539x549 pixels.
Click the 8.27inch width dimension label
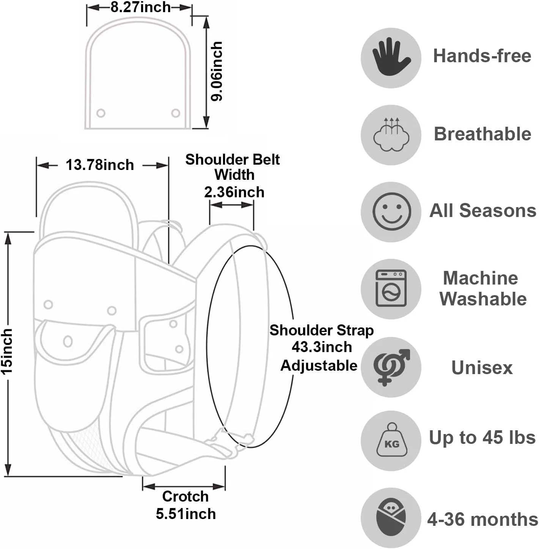[140, 8]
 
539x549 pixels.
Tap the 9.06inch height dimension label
[217, 71]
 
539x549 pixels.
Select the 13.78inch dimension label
[100, 165]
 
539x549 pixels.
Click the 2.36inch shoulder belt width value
[234, 192]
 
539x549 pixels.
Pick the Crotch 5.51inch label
[185, 505]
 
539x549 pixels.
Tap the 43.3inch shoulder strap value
[322, 347]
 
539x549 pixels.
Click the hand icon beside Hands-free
[391, 57]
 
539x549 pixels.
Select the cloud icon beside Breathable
[391, 135]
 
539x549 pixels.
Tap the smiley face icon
[391, 211]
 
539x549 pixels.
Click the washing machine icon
[391, 288]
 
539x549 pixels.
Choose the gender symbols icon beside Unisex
[391, 367]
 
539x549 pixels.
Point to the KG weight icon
[391, 441]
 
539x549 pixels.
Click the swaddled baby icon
[391, 518]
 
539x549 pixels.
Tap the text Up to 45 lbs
[482, 437]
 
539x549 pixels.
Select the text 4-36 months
[482, 519]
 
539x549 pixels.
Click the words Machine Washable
[482, 288]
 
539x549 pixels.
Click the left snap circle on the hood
[101, 113]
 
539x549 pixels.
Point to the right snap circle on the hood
[176, 113]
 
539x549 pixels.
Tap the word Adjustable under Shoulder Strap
[319, 365]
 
